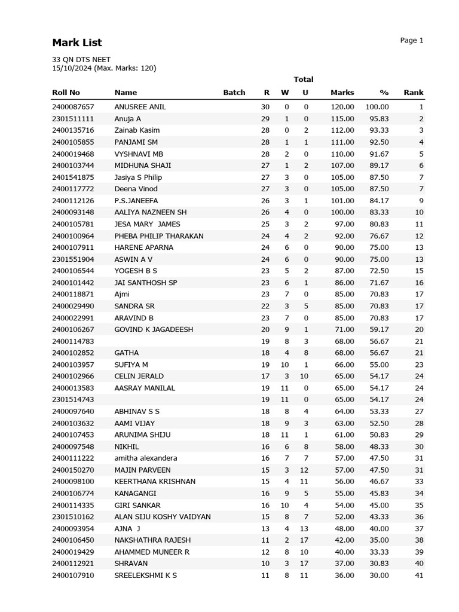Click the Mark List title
point(77,42)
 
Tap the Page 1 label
point(411,41)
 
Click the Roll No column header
point(66,93)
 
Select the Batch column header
point(234,93)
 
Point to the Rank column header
point(413,93)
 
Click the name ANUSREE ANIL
point(140,107)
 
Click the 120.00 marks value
point(342,107)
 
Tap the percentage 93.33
point(378,130)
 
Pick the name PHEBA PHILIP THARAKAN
point(159,236)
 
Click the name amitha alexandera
point(146,458)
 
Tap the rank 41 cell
point(418,576)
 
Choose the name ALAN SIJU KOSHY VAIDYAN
point(163,517)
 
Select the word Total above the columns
point(304,79)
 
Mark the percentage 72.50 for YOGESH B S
point(379,271)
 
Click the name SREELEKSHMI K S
point(145,576)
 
